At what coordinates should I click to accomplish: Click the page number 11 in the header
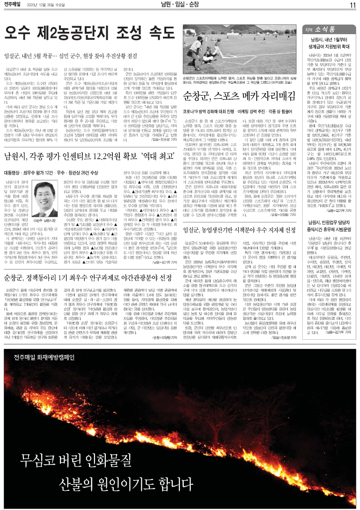click(353, 5)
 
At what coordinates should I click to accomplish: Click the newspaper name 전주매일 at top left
click(14, 5)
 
